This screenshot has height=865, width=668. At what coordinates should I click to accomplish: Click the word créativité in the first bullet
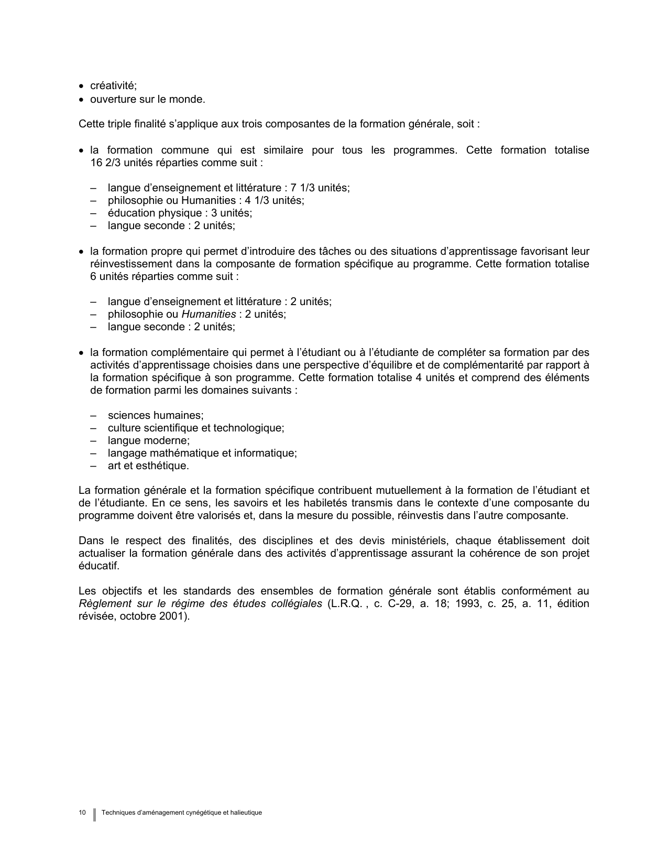point(113,87)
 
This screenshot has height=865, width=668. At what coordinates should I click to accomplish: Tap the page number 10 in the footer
point(82,813)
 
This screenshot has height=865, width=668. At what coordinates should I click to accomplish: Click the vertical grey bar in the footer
point(95,814)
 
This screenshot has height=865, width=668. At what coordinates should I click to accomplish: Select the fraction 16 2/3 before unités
point(107,163)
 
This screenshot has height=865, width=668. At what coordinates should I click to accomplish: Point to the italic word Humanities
point(209,314)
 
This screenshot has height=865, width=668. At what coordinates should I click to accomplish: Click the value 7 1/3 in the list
point(303,188)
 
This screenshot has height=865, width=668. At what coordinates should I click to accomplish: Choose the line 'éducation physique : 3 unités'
point(180,213)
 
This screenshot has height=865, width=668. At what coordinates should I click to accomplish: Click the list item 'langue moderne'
point(148,440)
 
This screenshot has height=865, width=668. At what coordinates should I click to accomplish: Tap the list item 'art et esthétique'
point(148,466)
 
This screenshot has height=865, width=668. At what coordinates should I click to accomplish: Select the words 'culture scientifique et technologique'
point(195,428)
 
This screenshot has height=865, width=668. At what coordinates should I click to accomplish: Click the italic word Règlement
point(105,603)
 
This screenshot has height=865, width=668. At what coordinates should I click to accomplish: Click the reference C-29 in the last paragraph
point(398,603)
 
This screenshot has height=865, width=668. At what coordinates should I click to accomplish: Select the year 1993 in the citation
point(467,603)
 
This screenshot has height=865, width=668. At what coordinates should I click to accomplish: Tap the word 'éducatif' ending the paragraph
point(98,566)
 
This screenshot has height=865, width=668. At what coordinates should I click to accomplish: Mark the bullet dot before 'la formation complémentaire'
point(81,353)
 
